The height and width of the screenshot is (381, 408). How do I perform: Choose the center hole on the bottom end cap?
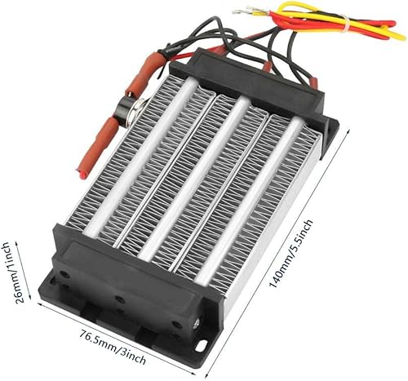click(x=122, y=297)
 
